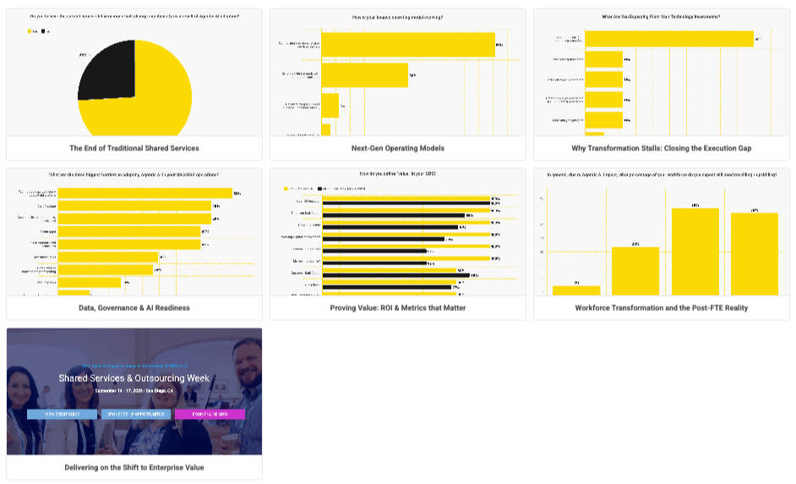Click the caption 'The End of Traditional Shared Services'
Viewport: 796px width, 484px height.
click(x=134, y=148)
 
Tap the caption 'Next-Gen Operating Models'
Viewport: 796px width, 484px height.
click(x=397, y=148)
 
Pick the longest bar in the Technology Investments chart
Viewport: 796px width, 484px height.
click(x=668, y=39)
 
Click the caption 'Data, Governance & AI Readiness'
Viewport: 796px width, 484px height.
click(x=134, y=307)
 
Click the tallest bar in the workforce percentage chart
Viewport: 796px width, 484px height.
click(x=695, y=251)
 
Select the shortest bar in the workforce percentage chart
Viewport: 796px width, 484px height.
click(x=576, y=290)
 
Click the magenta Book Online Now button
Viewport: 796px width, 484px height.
click(x=210, y=415)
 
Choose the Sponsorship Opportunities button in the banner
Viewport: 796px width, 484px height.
click(x=135, y=415)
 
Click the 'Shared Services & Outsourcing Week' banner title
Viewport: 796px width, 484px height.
click(x=134, y=378)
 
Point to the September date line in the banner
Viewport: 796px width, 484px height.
click(x=134, y=391)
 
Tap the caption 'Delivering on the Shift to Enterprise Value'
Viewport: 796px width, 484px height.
click(x=134, y=467)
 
